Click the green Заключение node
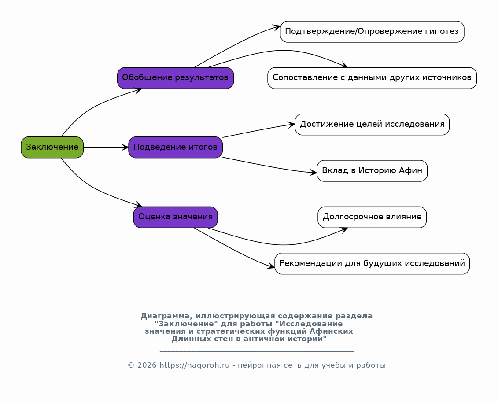tap(52, 148)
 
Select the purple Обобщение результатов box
tap(175, 78)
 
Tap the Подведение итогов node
tap(175, 148)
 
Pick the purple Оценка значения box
tap(175, 217)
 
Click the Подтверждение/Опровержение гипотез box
tap(372, 31)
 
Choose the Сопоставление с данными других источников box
tap(372, 78)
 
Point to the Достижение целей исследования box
tap(372, 125)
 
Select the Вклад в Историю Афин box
tap(372, 171)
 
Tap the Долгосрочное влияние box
tap(372, 217)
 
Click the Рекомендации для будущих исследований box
tap(372, 264)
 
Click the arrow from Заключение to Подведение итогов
tap(106, 148)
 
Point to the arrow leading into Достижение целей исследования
tap(259, 130)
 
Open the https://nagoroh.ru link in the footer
tap(194, 365)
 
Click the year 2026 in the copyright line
tap(147, 365)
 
